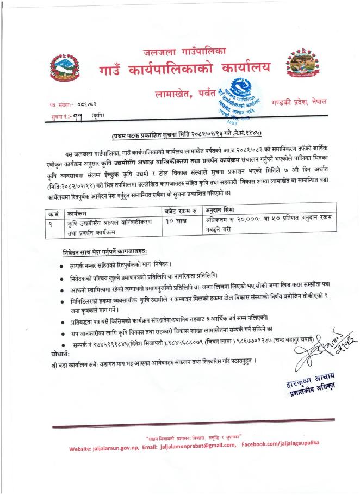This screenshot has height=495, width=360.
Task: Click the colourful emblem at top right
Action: (299, 67)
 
